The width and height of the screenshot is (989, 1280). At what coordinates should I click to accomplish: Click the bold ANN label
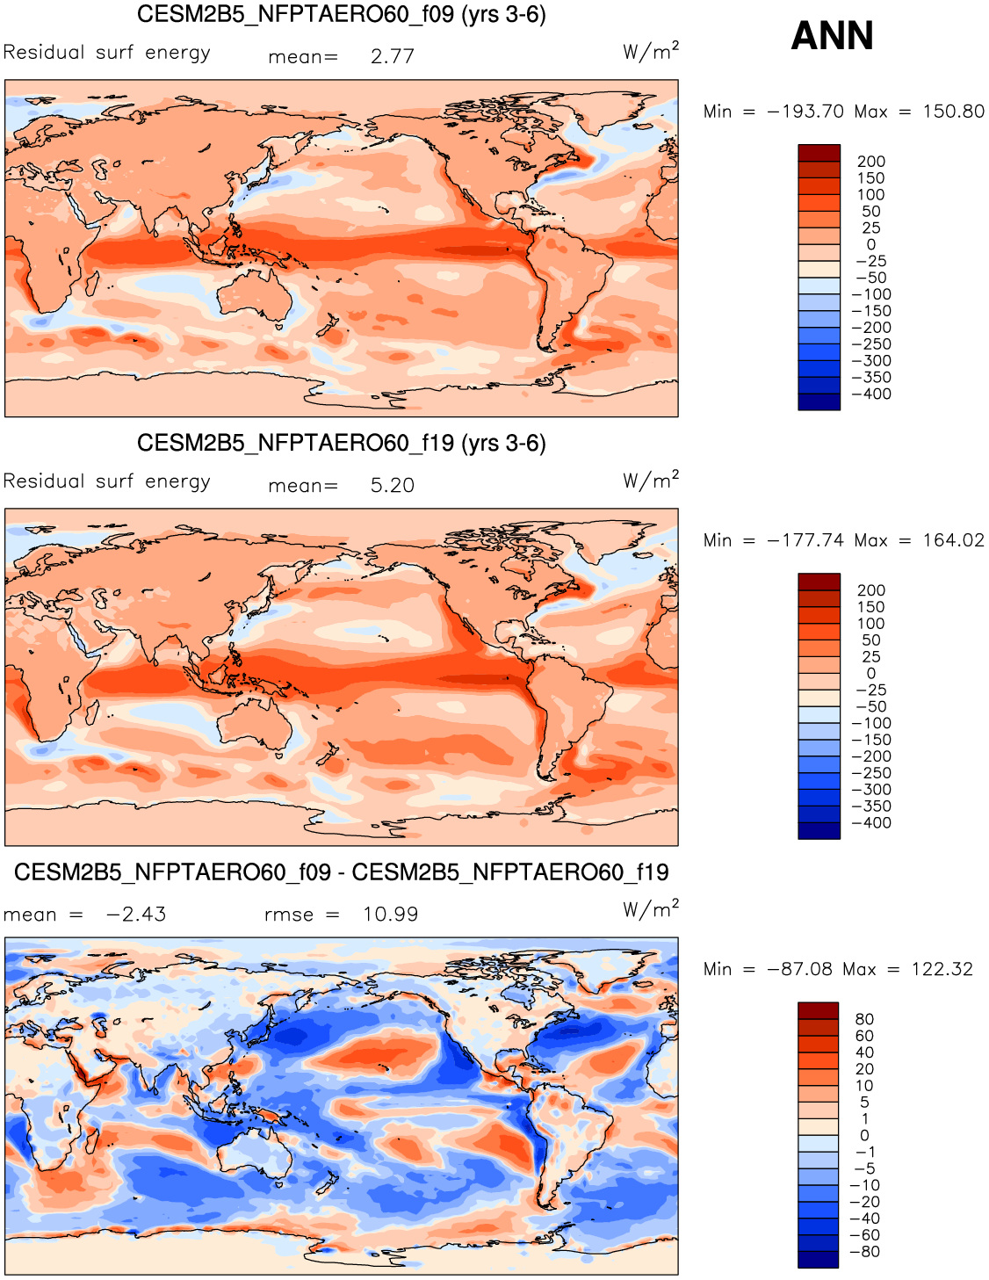click(832, 36)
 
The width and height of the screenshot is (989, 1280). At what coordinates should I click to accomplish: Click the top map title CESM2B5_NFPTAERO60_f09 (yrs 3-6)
click(342, 15)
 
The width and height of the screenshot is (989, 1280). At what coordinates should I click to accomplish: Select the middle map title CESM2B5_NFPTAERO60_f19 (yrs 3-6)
click(342, 444)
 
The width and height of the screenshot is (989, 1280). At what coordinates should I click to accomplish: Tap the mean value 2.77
click(392, 57)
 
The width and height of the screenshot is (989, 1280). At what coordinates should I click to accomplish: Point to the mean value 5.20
click(392, 486)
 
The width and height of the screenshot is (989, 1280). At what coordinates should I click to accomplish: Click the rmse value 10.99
click(390, 915)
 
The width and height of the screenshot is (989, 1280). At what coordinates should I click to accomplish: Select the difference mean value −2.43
click(136, 915)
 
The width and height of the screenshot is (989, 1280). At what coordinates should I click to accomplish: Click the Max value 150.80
click(953, 112)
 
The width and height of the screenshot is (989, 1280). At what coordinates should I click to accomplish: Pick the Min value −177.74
click(805, 540)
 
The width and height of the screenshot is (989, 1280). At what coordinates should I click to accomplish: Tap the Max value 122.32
click(942, 969)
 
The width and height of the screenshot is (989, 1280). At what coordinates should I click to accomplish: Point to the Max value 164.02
click(953, 540)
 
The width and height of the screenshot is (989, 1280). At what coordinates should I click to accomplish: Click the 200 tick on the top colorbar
click(871, 162)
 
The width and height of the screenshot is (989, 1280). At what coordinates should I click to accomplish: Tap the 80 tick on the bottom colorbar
click(864, 1019)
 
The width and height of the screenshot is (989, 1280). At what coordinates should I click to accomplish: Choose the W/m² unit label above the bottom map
click(651, 909)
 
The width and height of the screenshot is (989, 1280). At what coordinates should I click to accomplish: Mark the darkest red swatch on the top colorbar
click(819, 153)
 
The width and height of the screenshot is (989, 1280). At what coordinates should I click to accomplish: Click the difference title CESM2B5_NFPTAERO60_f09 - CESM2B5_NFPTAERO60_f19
click(342, 872)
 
